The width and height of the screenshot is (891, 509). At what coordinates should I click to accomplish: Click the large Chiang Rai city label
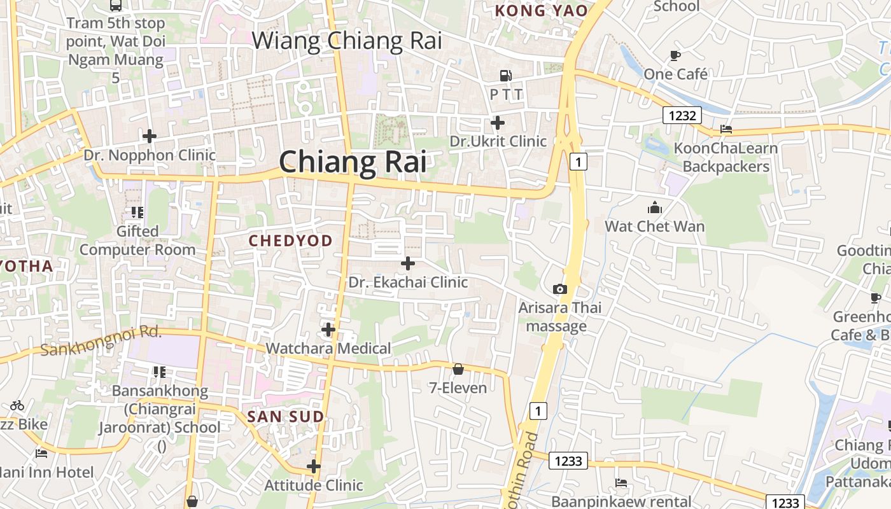(353, 162)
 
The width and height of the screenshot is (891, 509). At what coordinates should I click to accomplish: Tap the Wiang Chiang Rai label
(347, 41)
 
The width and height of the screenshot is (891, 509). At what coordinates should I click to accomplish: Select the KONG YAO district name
(541, 11)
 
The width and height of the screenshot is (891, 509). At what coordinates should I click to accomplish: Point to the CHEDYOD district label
(290, 241)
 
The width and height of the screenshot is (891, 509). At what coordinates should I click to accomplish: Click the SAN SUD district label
(286, 417)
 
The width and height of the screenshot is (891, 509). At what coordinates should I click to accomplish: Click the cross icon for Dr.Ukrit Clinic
(498, 123)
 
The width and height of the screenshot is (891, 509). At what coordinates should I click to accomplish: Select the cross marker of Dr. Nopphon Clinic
(150, 136)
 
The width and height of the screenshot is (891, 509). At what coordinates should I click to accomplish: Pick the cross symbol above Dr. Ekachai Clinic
(408, 263)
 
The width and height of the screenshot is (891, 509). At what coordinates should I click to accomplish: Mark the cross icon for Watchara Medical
(328, 330)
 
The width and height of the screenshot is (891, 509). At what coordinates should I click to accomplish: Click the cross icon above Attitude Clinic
(314, 466)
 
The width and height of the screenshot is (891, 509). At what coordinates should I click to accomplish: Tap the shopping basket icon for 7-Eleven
(458, 369)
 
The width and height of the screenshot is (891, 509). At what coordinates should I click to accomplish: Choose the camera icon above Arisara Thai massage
(560, 289)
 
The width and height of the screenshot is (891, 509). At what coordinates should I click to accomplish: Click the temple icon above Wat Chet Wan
(654, 207)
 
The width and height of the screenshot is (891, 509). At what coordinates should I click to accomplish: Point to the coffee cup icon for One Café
(675, 55)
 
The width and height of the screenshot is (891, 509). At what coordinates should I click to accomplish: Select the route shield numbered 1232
(682, 115)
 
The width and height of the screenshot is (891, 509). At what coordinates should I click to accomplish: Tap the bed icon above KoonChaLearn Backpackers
(726, 129)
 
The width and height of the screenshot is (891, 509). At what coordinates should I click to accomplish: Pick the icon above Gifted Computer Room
(137, 212)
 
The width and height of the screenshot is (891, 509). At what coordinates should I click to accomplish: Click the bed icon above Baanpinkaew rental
(621, 483)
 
